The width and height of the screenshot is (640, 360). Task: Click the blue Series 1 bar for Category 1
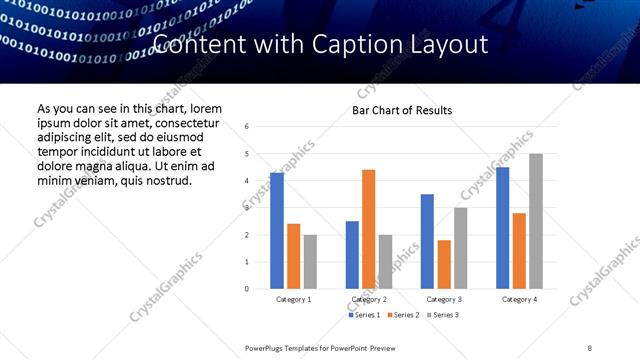coord(277,231)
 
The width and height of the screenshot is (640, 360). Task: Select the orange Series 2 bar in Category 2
coord(368,229)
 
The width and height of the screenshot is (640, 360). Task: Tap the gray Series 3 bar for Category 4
coord(536,221)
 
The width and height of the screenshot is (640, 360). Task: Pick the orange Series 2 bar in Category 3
coord(444,264)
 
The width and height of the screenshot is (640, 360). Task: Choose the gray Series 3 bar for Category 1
coord(310,262)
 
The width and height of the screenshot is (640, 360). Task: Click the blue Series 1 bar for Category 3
coord(427,241)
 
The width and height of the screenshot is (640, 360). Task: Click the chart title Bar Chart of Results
coord(402,110)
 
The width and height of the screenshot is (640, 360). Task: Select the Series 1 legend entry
coord(363,315)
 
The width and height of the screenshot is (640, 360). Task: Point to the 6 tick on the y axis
coord(247,127)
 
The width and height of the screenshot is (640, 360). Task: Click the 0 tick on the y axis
coord(247,289)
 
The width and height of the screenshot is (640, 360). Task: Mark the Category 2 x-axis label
coord(369,299)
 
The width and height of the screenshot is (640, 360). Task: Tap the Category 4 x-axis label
coord(519,299)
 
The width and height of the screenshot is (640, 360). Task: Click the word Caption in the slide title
coord(358,44)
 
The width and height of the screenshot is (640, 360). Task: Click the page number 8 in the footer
coord(590,348)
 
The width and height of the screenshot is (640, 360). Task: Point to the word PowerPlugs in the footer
coord(267,348)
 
